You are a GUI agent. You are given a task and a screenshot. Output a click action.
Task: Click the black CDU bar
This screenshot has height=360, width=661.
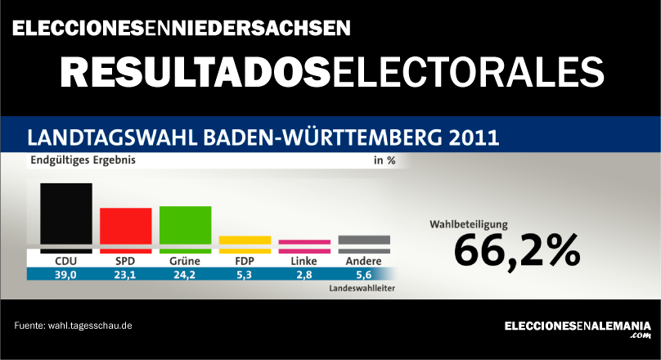coord(65,213)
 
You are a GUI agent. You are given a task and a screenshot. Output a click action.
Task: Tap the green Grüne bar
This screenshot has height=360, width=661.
coord(185,224)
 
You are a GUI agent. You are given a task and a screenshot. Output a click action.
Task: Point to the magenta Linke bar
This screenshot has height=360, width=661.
coord(304,241)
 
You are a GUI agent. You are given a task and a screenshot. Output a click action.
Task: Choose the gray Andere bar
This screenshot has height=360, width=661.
coord(364,239)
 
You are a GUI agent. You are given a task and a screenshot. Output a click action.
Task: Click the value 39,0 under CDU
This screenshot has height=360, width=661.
coord(65,276)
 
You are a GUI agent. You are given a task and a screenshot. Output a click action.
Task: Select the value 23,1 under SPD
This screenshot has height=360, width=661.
coord(125,276)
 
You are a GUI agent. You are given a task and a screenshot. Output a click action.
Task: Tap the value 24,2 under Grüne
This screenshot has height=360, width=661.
coord(185,276)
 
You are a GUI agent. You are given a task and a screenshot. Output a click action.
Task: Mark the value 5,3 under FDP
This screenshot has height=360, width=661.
coord(245,276)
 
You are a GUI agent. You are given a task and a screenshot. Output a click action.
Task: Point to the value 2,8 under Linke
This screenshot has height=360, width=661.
coord(304,276)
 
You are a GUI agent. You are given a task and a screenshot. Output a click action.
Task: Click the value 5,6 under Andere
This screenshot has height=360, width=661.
coord(364,276)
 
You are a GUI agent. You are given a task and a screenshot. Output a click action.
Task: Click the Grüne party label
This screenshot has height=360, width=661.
coord(185,261)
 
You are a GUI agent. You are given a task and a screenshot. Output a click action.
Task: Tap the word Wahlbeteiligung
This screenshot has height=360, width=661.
coord(470,223)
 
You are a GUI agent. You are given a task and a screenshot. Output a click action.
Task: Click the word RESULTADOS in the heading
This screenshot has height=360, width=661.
coord(196,72)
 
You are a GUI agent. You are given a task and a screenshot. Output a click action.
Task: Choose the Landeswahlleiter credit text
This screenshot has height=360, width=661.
coord(362,289)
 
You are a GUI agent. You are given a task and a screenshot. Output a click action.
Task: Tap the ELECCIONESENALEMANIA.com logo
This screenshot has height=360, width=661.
coord(577,327)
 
